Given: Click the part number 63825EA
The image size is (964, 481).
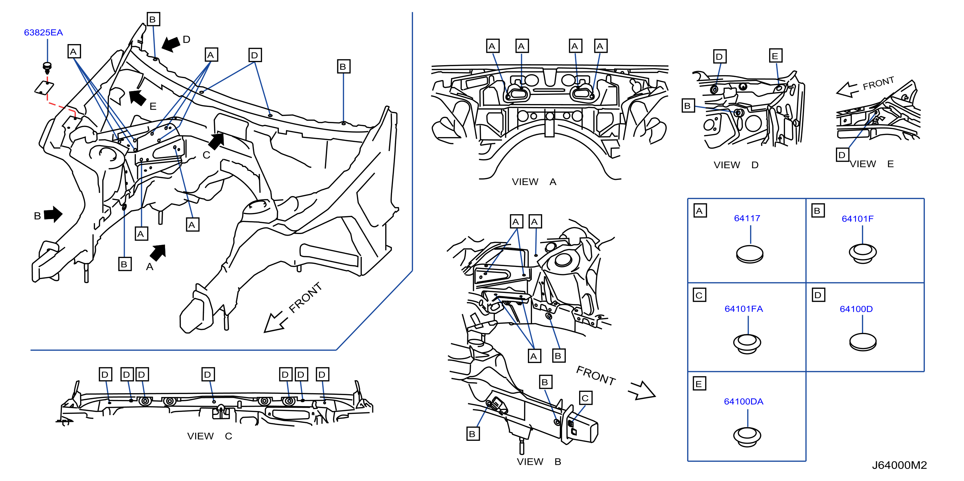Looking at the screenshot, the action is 43,32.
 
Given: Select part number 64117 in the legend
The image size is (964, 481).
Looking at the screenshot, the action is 747,218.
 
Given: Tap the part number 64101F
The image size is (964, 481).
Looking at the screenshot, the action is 857,219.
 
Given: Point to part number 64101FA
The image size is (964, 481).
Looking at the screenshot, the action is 744,309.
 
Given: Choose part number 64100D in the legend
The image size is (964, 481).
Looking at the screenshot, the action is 856,309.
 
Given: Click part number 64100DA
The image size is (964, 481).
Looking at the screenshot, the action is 744,401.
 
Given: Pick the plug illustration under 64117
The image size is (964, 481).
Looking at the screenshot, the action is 750,254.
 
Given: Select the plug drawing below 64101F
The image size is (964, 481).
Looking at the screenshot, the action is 863,253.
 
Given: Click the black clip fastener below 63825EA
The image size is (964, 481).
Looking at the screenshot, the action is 47,68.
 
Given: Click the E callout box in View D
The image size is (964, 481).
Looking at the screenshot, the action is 775,56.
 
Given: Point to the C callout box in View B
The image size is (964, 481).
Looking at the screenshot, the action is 585,398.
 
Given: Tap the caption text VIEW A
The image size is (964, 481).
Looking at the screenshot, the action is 534,182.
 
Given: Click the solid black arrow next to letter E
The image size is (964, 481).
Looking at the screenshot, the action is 137,98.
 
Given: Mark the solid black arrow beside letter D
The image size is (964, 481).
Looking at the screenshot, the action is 171,44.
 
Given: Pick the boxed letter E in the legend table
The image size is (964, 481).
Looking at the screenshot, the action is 699,384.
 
